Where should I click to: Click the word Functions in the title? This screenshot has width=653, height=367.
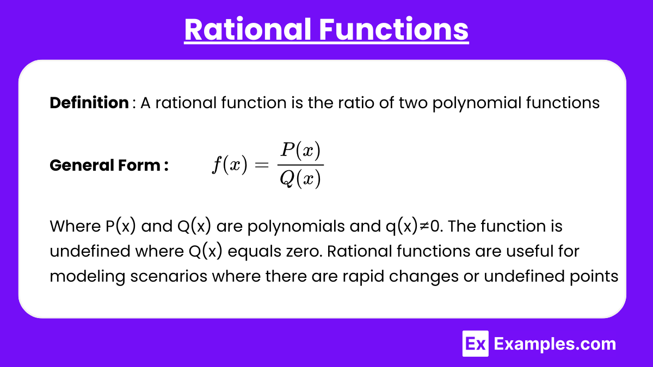click(394, 29)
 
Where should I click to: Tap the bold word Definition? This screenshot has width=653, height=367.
click(89, 103)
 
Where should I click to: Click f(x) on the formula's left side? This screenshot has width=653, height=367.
click(230, 165)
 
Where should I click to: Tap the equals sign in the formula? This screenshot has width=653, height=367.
click(262, 165)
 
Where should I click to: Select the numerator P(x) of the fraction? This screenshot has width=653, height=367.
click(300, 151)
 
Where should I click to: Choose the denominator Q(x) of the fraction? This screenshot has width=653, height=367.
click(300, 178)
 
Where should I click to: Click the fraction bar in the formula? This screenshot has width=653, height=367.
click(300, 165)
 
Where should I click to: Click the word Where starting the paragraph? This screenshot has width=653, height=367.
click(75, 226)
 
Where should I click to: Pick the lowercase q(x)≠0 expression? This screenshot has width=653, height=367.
click(412, 227)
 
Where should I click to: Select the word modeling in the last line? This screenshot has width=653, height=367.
click(88, 277)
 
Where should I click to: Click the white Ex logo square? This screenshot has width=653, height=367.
click(476, 344)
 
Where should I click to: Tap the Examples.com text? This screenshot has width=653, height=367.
click(555, 344)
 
